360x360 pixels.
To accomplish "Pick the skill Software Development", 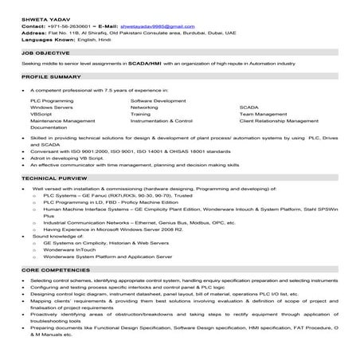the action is [157, 102].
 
